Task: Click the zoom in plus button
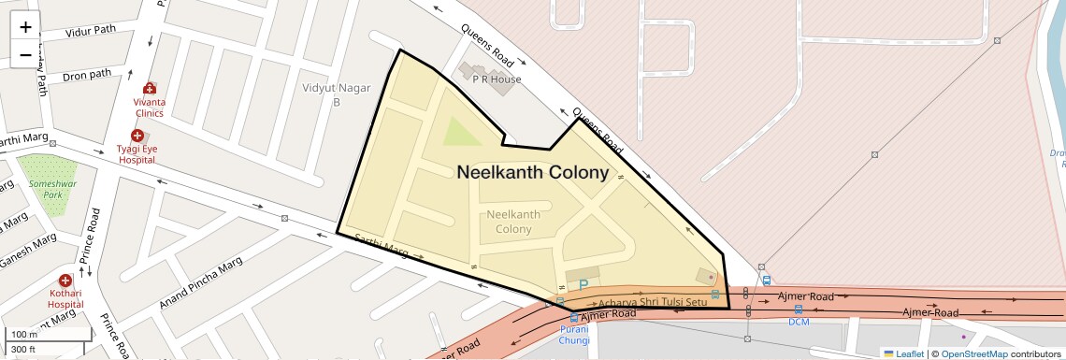tap(25, 27)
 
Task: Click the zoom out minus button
tap(25, 55)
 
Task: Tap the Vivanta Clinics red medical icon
tap(149, 87)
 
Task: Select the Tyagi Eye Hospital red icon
tap(137, 137)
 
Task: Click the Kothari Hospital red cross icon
tap(65, 281)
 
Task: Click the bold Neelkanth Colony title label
tap(532, 173)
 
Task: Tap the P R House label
tap(497, 79)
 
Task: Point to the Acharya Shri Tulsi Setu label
tap(653, 302)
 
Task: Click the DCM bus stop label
tap(798, 322)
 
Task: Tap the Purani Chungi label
tap(573, 334)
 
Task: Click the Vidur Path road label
tap(91, 30)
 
